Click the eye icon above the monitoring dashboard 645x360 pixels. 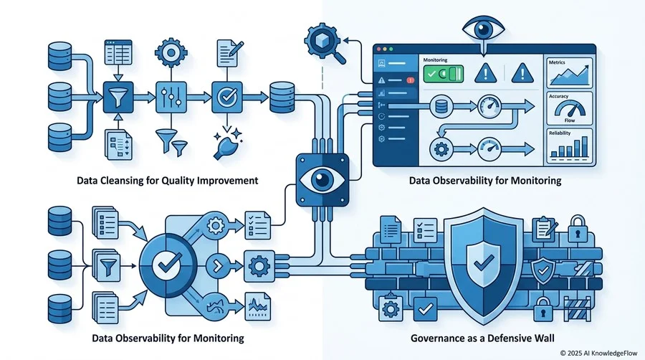tap(483, 29)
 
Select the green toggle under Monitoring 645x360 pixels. tap(444, 74)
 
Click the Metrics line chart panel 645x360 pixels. tap(569, 73)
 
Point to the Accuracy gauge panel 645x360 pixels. tap(569, 108)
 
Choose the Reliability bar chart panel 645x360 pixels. tap(569, 146)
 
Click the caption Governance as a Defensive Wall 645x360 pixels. tap(482, 338)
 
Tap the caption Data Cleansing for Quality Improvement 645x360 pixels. tap(168, 180)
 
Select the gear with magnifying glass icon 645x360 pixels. tap(324, 43)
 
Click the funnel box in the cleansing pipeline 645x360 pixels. tap(118, 97)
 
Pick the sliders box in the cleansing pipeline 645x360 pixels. tap(171, 97)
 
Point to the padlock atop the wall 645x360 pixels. tap(577, 229)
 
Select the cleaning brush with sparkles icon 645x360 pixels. tap(227, 144)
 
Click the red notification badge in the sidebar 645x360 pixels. tap(410, 80)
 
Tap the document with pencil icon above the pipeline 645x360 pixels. tap(229, 52)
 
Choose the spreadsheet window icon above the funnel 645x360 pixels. tap(118, 52)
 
